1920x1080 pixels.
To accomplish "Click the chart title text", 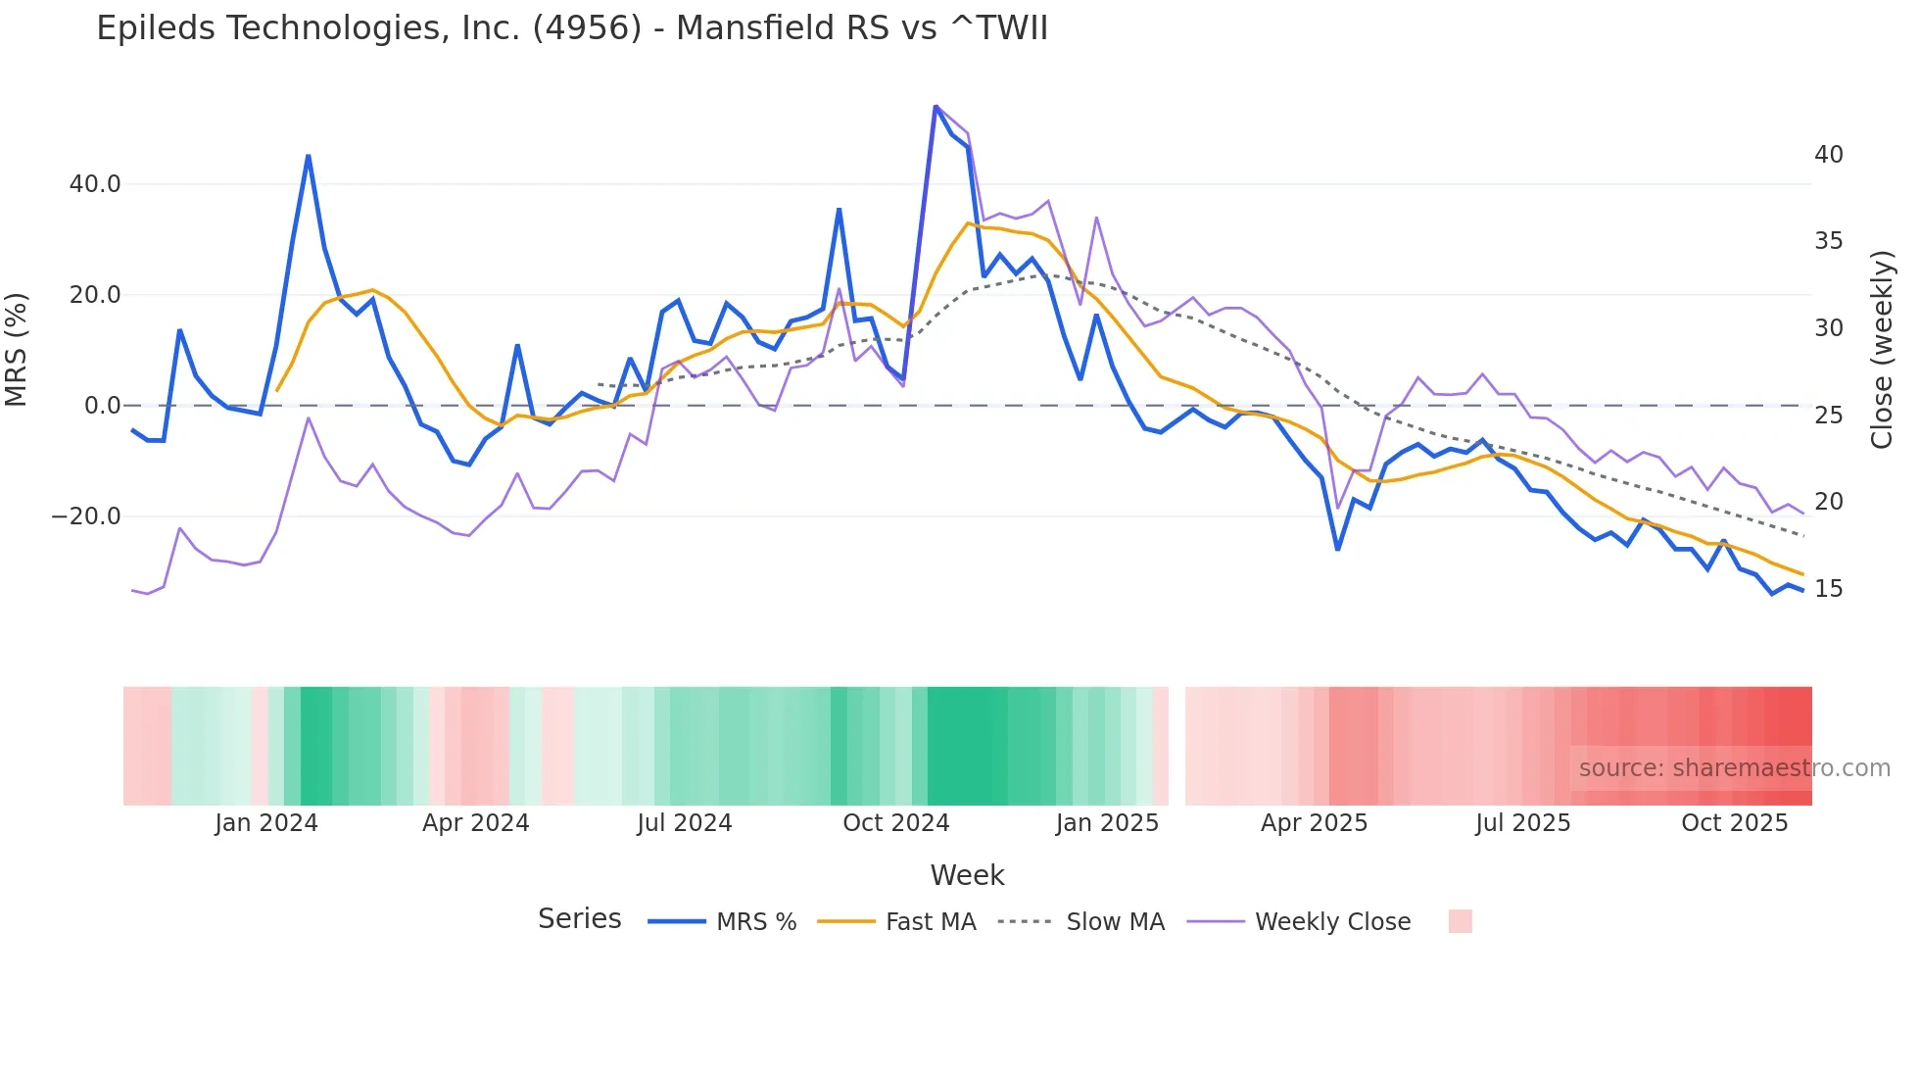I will point(572,28).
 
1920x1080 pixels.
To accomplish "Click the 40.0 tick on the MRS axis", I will point(95,184).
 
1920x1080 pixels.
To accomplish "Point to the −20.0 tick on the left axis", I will point(86,516).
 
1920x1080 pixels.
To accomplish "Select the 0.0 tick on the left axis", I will point(102,406).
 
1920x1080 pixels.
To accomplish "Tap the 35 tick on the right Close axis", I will point(1828,241).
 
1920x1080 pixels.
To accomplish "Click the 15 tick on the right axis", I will point(1828,589).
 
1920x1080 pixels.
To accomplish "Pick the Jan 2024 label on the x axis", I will point(266,823).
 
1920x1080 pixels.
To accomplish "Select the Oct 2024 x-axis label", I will point(895,823).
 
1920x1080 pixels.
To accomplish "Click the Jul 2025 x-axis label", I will point(1522,823).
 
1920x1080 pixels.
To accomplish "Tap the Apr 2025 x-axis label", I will point(1314,823).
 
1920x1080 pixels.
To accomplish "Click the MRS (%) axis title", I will point(17,350).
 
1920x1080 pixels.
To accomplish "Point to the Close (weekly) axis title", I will point(1882,350).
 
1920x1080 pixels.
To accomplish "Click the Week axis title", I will point(967,875).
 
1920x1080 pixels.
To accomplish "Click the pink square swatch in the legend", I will point(1460,921).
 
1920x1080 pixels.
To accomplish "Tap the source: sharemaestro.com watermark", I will point(1734,768).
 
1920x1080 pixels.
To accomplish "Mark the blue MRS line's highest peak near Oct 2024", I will point(936,107).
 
